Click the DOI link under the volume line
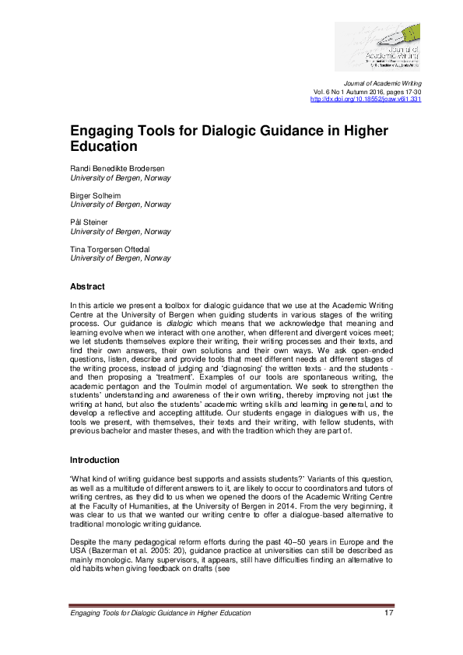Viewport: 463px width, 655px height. [x=366, y=100]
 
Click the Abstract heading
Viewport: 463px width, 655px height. [x=87, y=286]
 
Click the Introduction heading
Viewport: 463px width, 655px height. [x=95, y=461]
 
